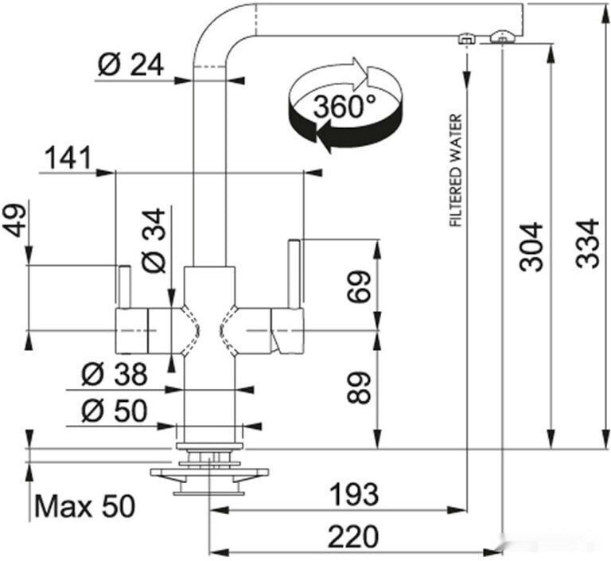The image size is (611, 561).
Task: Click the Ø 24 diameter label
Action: pyautogui.click(x=130, y=64)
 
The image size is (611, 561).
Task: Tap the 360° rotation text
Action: pyautogui.click(x=344, y=107)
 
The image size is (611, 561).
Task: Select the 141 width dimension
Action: pyautogui.click(x=68, y=158)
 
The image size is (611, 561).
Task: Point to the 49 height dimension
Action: pyautogui.click(x=15, y=220)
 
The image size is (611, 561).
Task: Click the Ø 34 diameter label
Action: pyautogui.click(x=154, y=240)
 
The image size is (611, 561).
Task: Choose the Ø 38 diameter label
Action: pyautogui.click(x=115, y=374)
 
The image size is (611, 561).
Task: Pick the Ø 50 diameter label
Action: pyautogui.click(x=115, y=411)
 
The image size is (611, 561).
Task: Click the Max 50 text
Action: pyautogui.click(x=85, y=506)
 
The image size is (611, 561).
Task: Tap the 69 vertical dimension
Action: pyautogui.click(x=358, y=287)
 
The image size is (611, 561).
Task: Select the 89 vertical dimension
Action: pyautogui.click(x=358, y=388)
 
